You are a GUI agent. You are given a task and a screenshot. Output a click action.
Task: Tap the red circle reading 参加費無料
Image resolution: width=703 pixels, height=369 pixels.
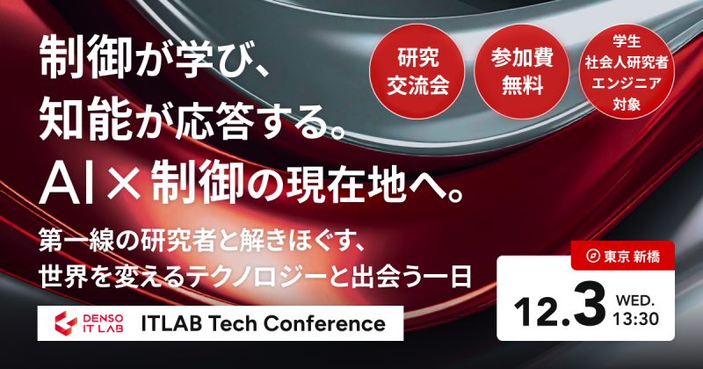click(518, 74)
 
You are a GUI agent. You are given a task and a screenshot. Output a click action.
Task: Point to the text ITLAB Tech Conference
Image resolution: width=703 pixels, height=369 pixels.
click(264, 323)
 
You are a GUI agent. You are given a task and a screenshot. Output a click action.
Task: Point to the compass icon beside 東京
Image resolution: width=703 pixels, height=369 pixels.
click(593, 256)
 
